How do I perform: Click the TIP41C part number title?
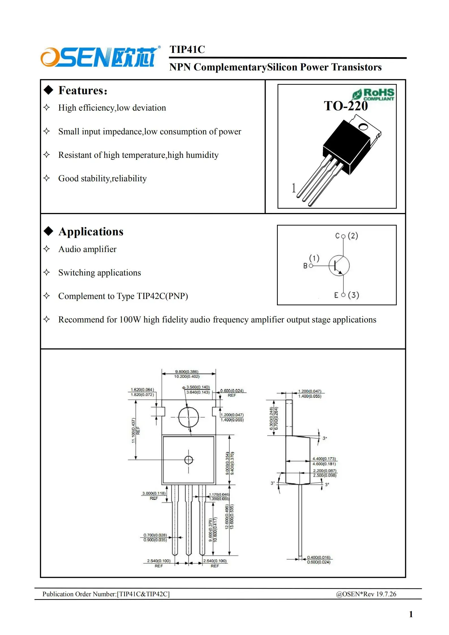coord(187,49)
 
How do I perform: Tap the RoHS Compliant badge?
coord(373,94)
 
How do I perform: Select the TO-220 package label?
coord(345,106)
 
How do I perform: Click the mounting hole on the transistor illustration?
coord(363,126)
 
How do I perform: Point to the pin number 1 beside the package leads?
coord(294,188)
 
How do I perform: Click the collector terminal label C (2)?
coord(347,236)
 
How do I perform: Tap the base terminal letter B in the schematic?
coord(305,266)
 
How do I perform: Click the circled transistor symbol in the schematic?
coord(339,266)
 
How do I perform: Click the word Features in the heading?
coord(81,91)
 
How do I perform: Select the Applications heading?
coord(91,232)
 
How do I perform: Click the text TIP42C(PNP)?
coord(162,296)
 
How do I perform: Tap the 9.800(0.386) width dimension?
coord(187,371)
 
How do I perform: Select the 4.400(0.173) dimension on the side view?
coord(324,459)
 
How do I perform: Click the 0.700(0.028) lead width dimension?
coord(155,535)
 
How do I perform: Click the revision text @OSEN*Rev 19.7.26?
coord(366,594)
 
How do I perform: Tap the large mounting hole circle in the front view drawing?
coord(188,417)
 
